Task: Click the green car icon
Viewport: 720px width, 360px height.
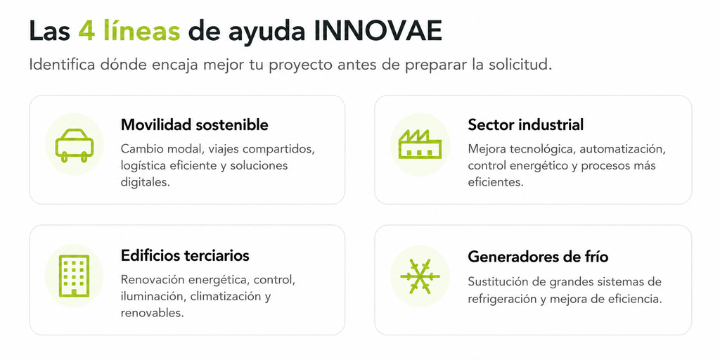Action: (75, 145)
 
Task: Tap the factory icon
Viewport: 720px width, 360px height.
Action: (420, 144)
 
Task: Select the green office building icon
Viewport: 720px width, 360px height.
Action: (74, 276)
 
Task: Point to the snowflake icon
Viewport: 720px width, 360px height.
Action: (420, 276)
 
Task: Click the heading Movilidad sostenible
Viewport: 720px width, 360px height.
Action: (194, 124)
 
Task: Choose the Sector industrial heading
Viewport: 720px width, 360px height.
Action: (526, 124)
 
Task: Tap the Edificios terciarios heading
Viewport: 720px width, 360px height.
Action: (185, 255)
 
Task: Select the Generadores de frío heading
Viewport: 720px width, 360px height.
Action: (538, 256)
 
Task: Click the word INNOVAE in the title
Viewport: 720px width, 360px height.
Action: (378, 32)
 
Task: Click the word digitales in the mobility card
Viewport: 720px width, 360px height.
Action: (145, 182)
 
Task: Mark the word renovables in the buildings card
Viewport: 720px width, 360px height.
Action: (152, 313)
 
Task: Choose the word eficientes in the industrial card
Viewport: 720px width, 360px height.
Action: (496, 182)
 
